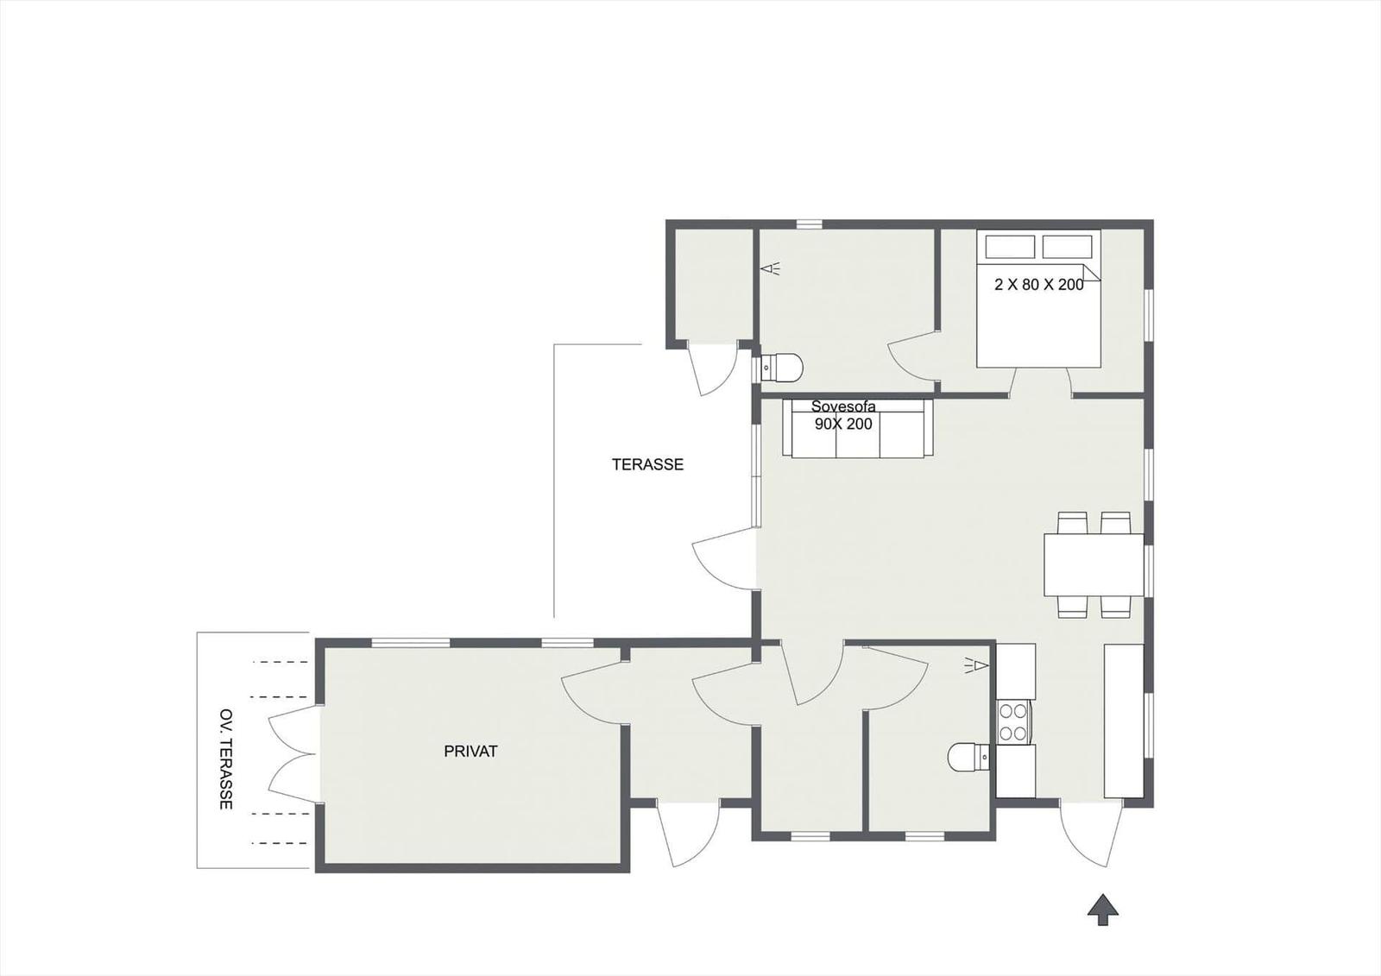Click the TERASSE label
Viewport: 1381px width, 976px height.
point(647,464)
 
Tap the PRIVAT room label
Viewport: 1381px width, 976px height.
point(470,751)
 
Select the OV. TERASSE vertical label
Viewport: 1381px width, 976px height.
point(226,759)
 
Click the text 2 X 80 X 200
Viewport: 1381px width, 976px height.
point(1039,284)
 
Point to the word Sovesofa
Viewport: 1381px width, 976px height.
point(842,406)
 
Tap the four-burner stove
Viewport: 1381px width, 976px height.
point(1014,721)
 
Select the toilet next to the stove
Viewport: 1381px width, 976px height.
point(968,757)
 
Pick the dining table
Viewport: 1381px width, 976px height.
point(1094,564)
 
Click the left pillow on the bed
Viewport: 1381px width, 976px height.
point(1010,247)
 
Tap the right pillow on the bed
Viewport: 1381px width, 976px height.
point(1067,247)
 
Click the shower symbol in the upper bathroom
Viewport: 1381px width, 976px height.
point(770,268)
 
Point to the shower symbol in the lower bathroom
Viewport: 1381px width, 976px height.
point(977,664)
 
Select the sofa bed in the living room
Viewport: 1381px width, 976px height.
point(858,429)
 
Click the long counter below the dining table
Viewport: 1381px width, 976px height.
point(1123,721)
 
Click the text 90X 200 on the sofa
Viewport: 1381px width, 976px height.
point(842,424)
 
